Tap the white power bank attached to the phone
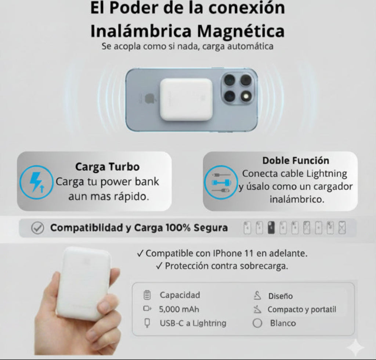(186, 99)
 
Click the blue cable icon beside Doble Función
(220, 183)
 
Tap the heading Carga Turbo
(107, 167)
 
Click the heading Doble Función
(296, 161)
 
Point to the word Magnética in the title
(241, 31)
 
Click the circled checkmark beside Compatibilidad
(37, 228)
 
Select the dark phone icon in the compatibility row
(271, 228)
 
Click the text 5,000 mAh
(179, 309)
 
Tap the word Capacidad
(180, 295)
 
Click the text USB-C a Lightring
(193, 323)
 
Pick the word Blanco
(283, 323)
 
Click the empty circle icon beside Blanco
(258, 323)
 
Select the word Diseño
(280, 296)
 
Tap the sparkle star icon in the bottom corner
(355, 347)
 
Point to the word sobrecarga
(264, 266)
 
